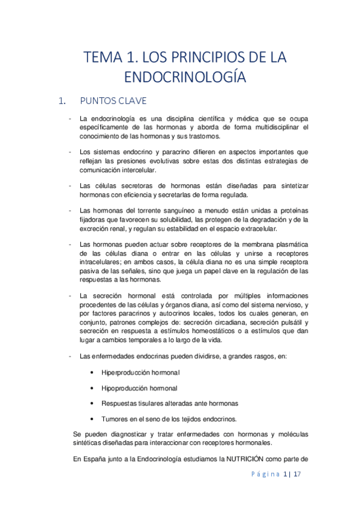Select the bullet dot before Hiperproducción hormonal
click(91, 372)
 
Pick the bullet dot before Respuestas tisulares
click(91, 403)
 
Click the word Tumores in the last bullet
click(115, 418)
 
